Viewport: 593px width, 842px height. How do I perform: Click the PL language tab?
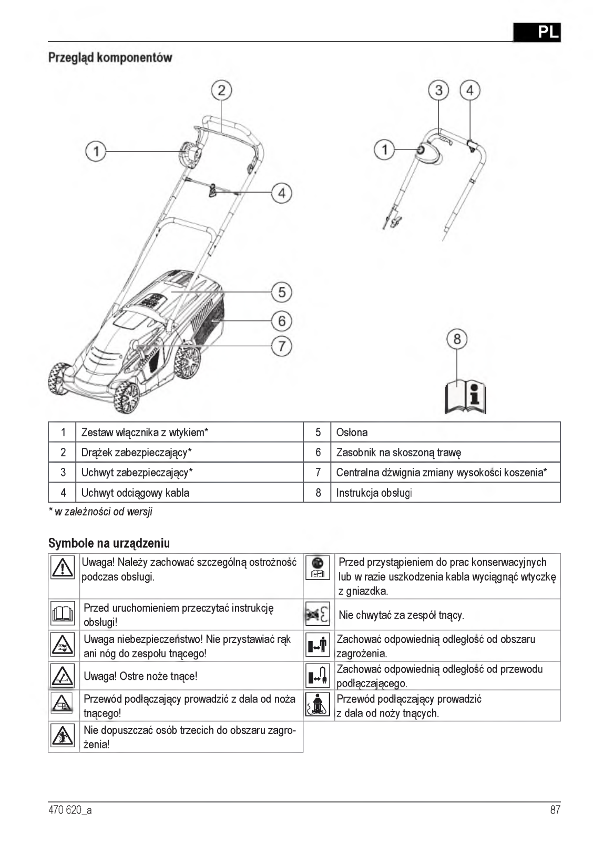(537, 32)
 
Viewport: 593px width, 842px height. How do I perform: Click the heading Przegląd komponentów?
(110, 57)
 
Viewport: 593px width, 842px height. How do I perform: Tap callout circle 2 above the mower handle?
(221, 90)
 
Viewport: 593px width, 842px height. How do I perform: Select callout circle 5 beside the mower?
(281, 292)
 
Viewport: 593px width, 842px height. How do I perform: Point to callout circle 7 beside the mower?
(281, 346)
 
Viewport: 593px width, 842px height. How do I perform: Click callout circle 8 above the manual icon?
(456, 338)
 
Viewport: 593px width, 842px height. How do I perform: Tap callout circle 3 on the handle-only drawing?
(438, 90)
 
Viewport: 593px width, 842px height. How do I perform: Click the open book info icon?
(465, 396)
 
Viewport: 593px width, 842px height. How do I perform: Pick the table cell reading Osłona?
(352, 433)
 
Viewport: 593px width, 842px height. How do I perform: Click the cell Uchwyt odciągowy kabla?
(135, 493)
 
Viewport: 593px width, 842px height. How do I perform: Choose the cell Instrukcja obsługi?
(374, 493)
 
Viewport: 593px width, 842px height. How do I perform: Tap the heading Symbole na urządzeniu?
(109, 543)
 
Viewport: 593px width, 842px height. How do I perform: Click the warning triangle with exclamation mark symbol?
(63, 568)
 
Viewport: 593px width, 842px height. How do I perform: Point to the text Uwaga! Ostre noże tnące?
(140, 676)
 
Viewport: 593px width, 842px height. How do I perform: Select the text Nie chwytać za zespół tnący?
(401, 615)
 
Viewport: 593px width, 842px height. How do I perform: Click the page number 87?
(555, 810)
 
